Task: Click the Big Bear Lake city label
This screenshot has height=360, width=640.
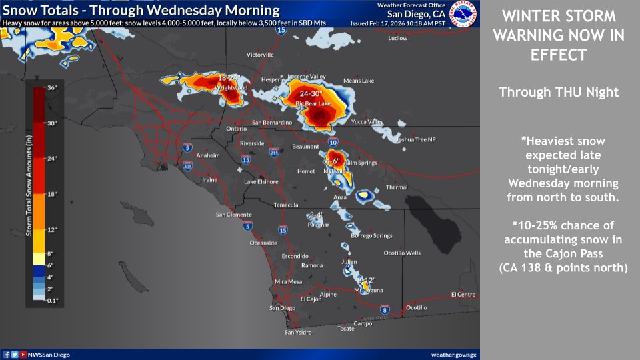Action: click(313, 104)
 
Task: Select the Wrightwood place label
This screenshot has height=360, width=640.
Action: click(231, 87)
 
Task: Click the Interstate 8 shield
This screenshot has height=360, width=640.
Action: click(384, 309)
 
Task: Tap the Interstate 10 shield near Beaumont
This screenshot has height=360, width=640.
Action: click(333, 143)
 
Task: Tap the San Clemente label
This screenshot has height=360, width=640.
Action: click(234, 215)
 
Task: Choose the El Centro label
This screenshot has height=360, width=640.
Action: click(463, 294)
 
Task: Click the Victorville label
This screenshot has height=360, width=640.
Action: click(260, 55)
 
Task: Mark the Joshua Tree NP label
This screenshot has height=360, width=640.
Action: click(415, 139)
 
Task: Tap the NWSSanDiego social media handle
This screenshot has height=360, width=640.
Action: click(45, 355)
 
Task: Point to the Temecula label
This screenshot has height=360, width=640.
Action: click(287, 205)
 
